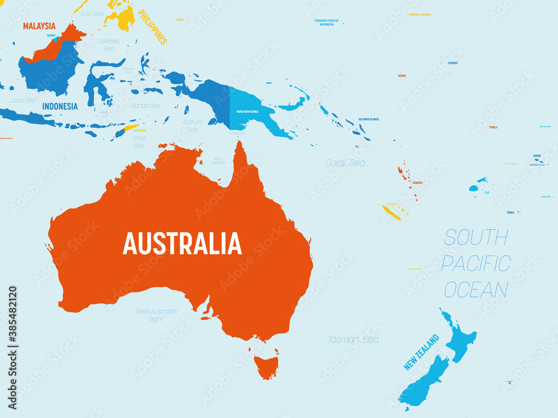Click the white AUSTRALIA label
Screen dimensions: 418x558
(182, 244)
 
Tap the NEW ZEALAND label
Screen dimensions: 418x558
(422, 352)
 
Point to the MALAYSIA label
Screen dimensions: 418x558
(39, 26)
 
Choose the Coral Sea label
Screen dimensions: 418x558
(345, 163)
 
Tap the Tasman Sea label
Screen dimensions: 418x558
(353, 339)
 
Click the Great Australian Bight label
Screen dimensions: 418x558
(156, 315)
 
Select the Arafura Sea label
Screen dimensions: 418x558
(191, 125)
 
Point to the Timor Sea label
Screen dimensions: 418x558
(139, 142)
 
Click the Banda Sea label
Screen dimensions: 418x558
(146, 105)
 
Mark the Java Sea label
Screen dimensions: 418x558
(22, 100)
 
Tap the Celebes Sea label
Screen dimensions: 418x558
(109, 45)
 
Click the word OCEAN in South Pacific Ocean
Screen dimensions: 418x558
(476, 290)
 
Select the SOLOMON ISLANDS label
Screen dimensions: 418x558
(368, 119)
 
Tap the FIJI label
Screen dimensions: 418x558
(487, 192)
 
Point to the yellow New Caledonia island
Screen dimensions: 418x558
(393, 212)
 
